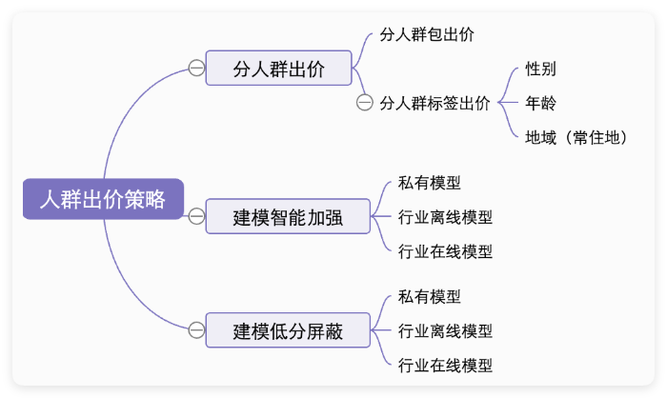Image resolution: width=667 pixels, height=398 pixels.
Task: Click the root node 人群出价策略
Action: tap(102, 200)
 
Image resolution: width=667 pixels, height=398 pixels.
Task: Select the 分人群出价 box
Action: tap(279, 69)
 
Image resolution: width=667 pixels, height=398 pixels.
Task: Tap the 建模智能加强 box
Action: tap(288, 217)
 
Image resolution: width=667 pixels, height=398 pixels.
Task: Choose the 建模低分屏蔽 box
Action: tap(288, 330)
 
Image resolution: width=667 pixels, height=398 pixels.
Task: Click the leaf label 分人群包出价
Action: tap(426, 34)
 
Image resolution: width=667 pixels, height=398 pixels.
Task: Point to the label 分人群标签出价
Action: tap(435, 103)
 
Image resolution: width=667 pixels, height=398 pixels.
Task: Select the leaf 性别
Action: tap(540, 69)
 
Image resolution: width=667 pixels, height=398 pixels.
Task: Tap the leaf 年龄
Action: tap(540, 102)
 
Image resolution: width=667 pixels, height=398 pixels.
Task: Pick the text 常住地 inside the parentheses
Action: tap(596, 137)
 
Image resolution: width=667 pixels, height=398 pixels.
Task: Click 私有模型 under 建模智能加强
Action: tap(430, 182)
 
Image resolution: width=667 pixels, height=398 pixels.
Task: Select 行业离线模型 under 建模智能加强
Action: tap(445, 217)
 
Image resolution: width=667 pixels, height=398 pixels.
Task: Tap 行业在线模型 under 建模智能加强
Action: tap(445, 251)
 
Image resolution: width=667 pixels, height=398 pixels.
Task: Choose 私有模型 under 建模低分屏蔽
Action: tap(430, 296)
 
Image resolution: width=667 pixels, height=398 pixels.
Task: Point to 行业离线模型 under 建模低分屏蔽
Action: tap(445, 330)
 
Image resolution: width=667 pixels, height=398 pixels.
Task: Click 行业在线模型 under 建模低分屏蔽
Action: tap(445, 365)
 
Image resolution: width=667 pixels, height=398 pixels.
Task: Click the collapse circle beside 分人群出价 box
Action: tap(196, 69)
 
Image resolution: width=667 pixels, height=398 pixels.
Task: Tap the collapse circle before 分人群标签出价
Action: tap(364, 103)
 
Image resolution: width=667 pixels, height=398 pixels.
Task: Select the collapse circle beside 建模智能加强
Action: tap(196, 217)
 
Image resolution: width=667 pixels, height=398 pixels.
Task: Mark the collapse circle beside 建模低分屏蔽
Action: tap(196, 330)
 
